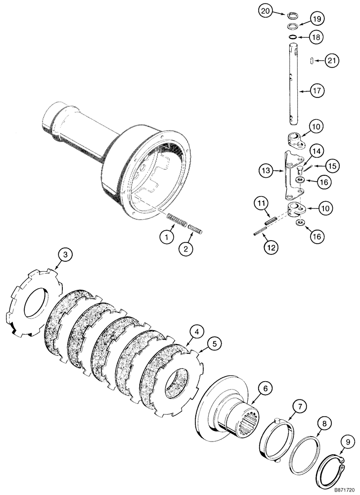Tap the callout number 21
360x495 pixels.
click(x=332, y=61)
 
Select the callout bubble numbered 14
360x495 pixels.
click(x=316, y=150)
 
